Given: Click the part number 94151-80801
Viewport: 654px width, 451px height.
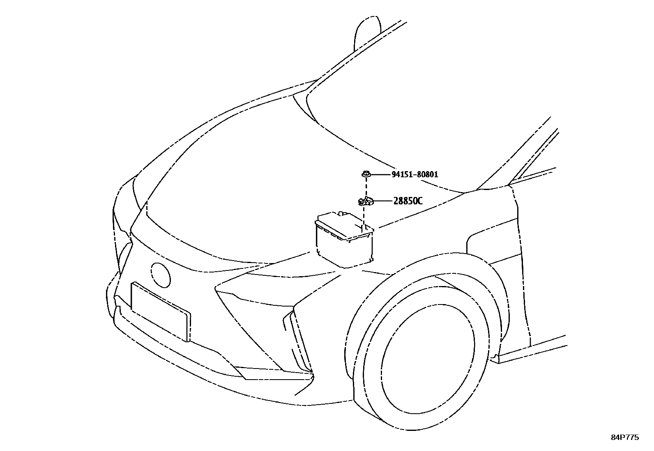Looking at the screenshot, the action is [x=415, y=174].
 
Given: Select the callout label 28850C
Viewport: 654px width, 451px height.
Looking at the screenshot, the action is [x=408, y=201].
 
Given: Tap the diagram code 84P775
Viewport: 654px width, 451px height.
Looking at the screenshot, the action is [x=624, y=437].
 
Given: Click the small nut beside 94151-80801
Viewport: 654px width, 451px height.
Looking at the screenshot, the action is [x=365, y=174].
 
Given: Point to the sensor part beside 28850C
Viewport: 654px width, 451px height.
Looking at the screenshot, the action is [x=364, y=201].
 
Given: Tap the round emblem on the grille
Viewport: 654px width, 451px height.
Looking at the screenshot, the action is [x=160, y=275].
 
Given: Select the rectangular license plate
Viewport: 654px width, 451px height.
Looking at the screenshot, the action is [x=160, y=311].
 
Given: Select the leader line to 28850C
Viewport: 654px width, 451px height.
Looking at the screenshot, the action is [x=382, y=201].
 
